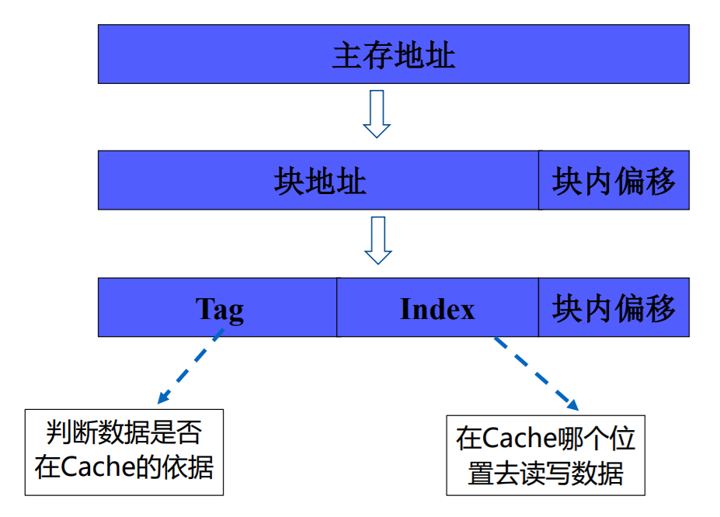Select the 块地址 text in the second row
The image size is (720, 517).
pyautogui.click(x=319, y=181)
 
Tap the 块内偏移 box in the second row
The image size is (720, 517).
pyautogui.click(x=614, y=181)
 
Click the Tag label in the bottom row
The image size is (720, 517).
pyautogui.click(x=219, y=309)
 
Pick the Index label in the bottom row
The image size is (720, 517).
pyautogui.click(x=437, y=309)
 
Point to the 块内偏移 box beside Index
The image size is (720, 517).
pyautogui.click(x=614, y=309)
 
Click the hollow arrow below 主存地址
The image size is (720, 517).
pyautogui.click(x=377, y=113)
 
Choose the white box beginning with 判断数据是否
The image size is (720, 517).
pyautogui.click(x=124, y=452)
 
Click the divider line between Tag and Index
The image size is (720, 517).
pyautogui.click(x=337, y=307)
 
